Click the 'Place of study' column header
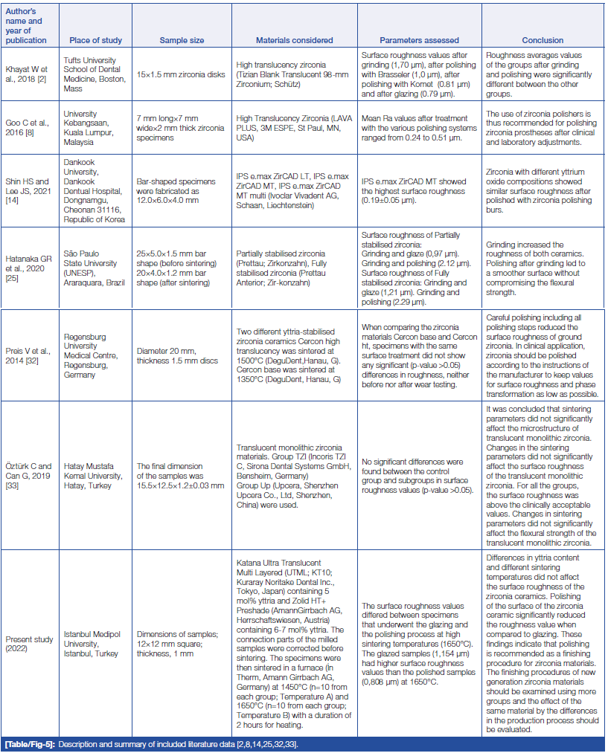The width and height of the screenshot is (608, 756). coord(95,40)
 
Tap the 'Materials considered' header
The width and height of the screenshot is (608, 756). coord(294,40)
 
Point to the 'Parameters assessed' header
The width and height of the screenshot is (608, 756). coord(419,40)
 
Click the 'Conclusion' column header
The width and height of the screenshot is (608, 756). coord(543,40)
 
